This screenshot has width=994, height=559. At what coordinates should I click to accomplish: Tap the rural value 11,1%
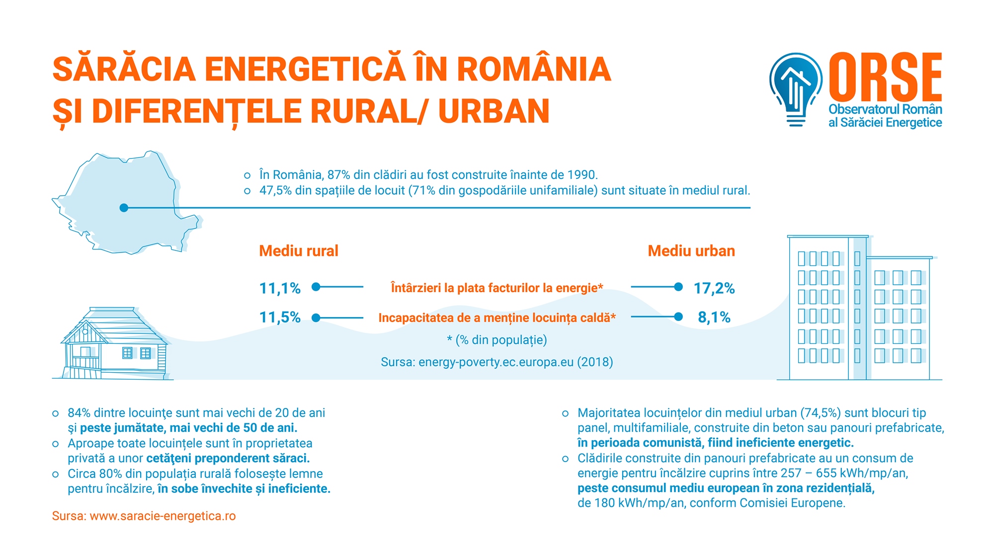(280, 288)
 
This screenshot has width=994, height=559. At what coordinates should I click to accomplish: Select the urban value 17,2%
(714, 288)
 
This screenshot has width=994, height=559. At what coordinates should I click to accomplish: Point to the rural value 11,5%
(280, 317)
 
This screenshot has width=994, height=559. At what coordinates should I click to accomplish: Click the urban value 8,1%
(714, 317)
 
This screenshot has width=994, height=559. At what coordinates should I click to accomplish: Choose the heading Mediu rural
(298, 251)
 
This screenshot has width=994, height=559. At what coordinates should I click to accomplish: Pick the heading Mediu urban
(691, 251)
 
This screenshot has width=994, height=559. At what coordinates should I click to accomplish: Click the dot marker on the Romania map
(124, 208)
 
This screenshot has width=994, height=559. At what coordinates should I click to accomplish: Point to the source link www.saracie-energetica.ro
(163, 516)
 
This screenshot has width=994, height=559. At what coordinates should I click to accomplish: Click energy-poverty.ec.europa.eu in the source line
(496, 362)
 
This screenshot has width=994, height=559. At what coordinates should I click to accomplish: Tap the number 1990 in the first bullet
(581, 175)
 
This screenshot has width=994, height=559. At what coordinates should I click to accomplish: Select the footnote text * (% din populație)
(497, 340)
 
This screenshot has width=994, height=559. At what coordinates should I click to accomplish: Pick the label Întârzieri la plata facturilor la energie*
(497, 288)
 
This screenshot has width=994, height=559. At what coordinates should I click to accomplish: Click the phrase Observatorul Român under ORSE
(885, 109)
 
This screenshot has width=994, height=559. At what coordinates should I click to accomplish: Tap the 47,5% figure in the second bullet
(275, 190)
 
